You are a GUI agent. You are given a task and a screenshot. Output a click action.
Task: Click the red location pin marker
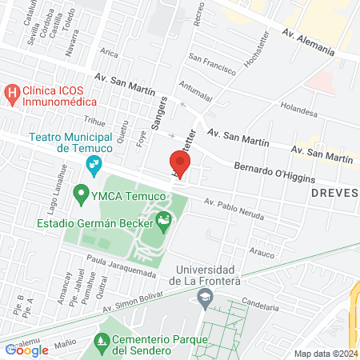(x=180, y=163)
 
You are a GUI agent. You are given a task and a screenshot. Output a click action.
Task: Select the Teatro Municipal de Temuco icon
(x=94, y=166)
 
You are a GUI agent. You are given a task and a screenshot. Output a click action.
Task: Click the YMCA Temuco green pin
(x=80, y=194)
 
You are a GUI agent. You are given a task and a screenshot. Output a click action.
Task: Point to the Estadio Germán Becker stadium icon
(x=165, y=218)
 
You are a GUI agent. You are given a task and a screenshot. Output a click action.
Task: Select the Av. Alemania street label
(x=308, y=41)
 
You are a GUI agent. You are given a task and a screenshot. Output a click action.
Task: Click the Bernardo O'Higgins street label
(x=274, y=173)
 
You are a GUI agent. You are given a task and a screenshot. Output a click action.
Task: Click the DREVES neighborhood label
(x=334, y=193)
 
